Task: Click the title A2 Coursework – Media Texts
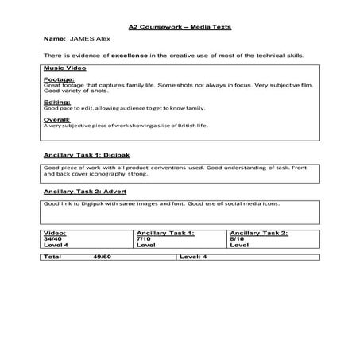click(x=179, y=26)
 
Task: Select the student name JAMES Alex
click(x=93, y=38)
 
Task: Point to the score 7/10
click(x=143, y=238)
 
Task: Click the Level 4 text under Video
click(x=55, y=244)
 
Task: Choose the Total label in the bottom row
click(x=52, y=257)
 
